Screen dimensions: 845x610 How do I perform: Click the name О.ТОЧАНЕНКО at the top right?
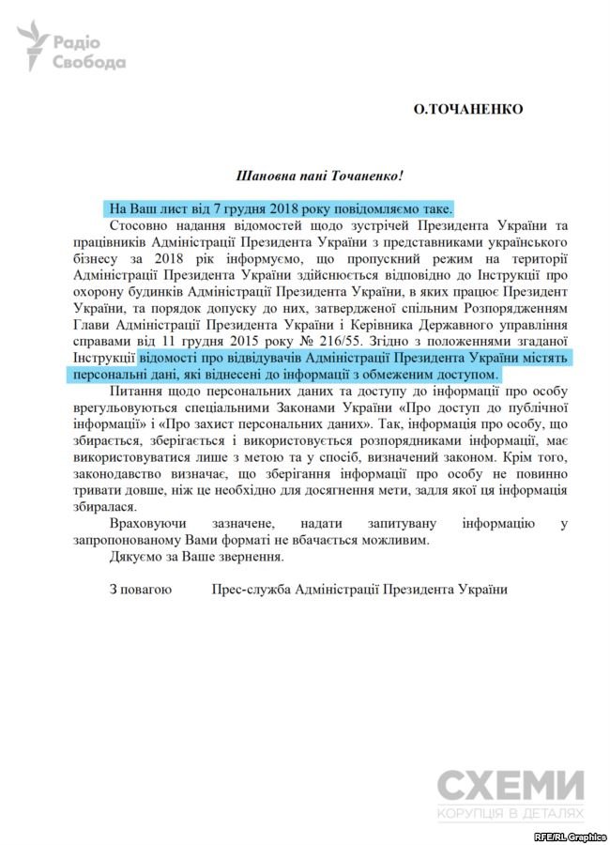click(x=468, y=109)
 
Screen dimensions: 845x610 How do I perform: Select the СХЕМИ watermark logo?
click(x=511, y=784)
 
